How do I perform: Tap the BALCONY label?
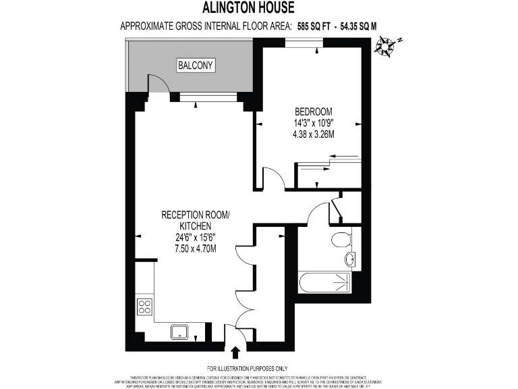coord(196,66)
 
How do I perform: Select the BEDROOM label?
coord(313,112)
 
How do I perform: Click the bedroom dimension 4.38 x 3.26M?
coord(313,134)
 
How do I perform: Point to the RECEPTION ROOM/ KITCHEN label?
coord(196,220)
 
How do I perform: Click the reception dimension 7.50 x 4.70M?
coord(196,249)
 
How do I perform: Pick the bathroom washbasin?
coord(350,259)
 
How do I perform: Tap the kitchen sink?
coord(180,331)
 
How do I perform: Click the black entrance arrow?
coord(235,352)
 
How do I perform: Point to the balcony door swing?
coord(156,83)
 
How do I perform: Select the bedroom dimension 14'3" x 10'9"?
coord(314,124)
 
